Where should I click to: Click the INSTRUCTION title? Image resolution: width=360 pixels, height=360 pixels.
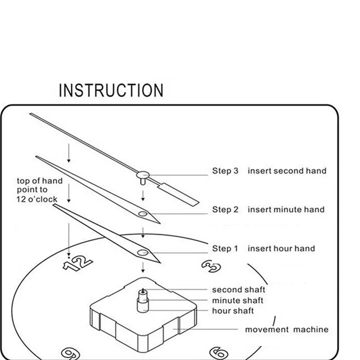[111, 90]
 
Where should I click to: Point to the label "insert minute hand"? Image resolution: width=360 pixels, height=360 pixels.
[286, 210]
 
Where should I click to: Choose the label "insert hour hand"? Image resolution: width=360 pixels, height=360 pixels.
[281, 249]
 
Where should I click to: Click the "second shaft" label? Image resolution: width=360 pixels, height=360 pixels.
[238, 290]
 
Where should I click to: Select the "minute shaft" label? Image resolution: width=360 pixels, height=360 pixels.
[238, 301]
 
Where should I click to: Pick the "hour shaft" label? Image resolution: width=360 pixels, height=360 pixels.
[233, 311]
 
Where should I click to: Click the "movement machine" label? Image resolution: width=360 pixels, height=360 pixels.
[287, 330]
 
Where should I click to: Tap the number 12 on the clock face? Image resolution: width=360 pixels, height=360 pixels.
[77, 263]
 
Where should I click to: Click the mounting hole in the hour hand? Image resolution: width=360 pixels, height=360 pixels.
[143, 252]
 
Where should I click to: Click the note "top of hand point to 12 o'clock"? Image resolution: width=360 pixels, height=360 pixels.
[40, 189]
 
